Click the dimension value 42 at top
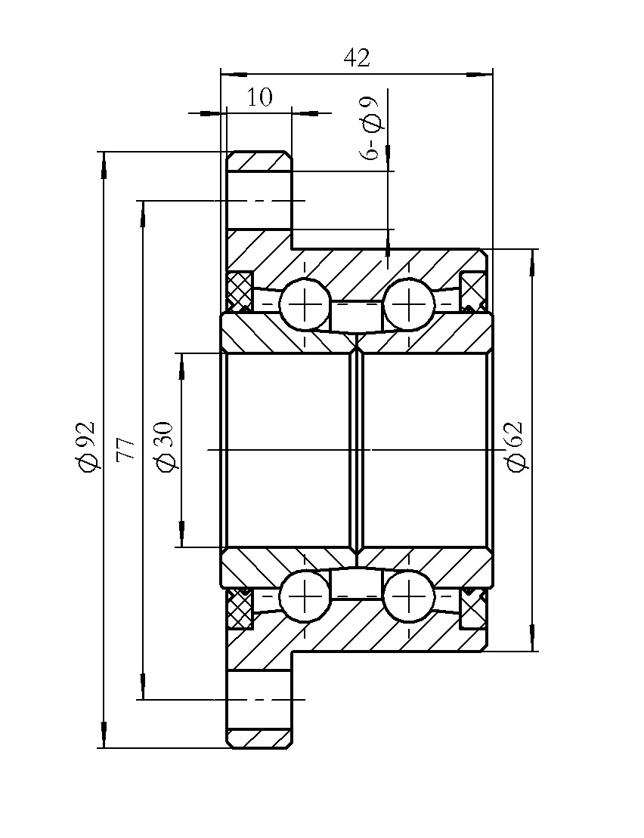pyautogui.click(x=357, y=58)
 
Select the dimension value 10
pyautogui.click(x=259, y=97)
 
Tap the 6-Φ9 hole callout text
pyautogui.click(x=370, y=128)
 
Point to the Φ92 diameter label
pyautogui.click(x=87, y=447)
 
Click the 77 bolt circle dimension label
pyautogui.click(x=125, y=448)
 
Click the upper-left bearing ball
pyautogui.click(x=305, y=305)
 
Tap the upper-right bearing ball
pyautogui.click(x=408, y=305)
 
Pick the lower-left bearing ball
pyautogui.click(x=305, y=596)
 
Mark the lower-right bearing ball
pyautogui.click(x=408, y=596)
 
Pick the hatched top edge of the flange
pyautogui.click(x=259, y=161)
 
